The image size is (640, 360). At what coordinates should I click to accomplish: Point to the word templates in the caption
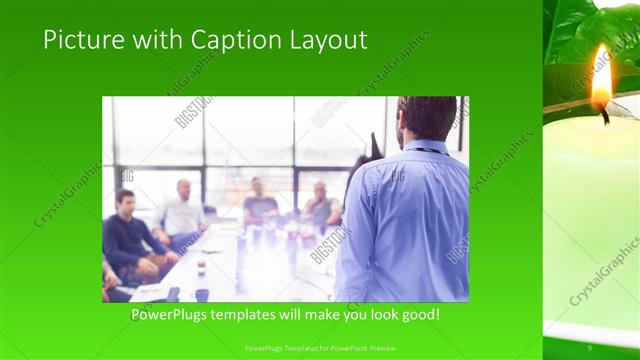pyautogui.click(x=253, y=315)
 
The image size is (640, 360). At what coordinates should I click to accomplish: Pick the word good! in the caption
pyautogui.click(x=419, y=315)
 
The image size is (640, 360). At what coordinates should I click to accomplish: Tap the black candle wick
pyautogui.click(x=604, y=116)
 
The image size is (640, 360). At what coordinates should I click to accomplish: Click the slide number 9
pyautogui.click(x=590, y=347)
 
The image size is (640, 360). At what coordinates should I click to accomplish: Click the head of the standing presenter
pyautogui.click(x=425, y=117)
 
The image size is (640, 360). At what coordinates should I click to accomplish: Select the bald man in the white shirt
pyautogui.click(x=180, y=212)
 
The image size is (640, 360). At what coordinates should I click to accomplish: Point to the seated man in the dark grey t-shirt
pyautogui.click(x=260, y=204)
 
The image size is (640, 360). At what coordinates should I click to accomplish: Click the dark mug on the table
pyautogui.click(x=201, y=294)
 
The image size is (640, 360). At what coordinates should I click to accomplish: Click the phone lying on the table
pyautogui.click(x=172, y=294)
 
